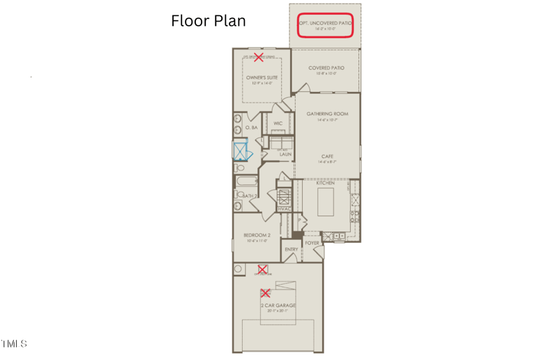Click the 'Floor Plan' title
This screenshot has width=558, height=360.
tap(209, 21)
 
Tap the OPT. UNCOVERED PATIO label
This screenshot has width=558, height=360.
tap(325, 23)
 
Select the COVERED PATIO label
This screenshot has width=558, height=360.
tap(326, 68)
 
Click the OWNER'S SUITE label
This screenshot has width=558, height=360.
tap(262, 78)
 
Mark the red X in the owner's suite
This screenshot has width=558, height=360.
tap(258, 57)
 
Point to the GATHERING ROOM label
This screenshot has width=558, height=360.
tap(327, 114)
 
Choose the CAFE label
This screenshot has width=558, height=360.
tap(327, 156)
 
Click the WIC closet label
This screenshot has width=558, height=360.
tap(278, 123)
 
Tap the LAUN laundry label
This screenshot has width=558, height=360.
tap(285, 154)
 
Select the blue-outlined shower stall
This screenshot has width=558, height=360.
tap(241, 151)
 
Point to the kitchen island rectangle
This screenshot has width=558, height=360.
tap(326, 202)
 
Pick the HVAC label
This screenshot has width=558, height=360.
tap(284, 209)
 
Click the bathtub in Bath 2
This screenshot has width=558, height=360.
tap(246, 182)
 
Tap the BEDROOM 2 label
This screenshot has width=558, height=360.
tap(257, 235)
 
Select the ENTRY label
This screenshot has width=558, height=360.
tap(291, 249)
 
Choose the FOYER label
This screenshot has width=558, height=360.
tap(312, 243)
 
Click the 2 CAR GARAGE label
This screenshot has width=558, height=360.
tap(278, 306)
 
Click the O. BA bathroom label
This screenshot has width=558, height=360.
tap(251, 128)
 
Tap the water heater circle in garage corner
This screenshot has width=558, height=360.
tap(239, 269)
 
